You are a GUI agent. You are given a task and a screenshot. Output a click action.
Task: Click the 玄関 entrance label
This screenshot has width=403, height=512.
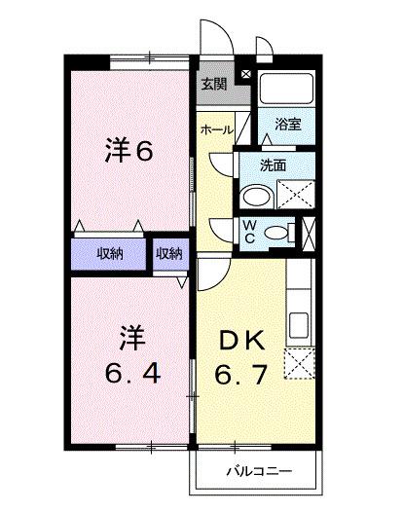point(214,84)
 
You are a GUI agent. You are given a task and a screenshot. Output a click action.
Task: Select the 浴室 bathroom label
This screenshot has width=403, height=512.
point(286,124)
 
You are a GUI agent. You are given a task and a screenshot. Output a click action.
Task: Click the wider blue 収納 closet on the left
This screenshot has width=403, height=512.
point(109,254)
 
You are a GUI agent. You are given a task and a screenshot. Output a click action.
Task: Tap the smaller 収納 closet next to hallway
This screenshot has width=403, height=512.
point(169,254)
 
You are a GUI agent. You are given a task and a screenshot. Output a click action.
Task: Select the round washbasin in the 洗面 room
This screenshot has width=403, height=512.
point(255,195)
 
